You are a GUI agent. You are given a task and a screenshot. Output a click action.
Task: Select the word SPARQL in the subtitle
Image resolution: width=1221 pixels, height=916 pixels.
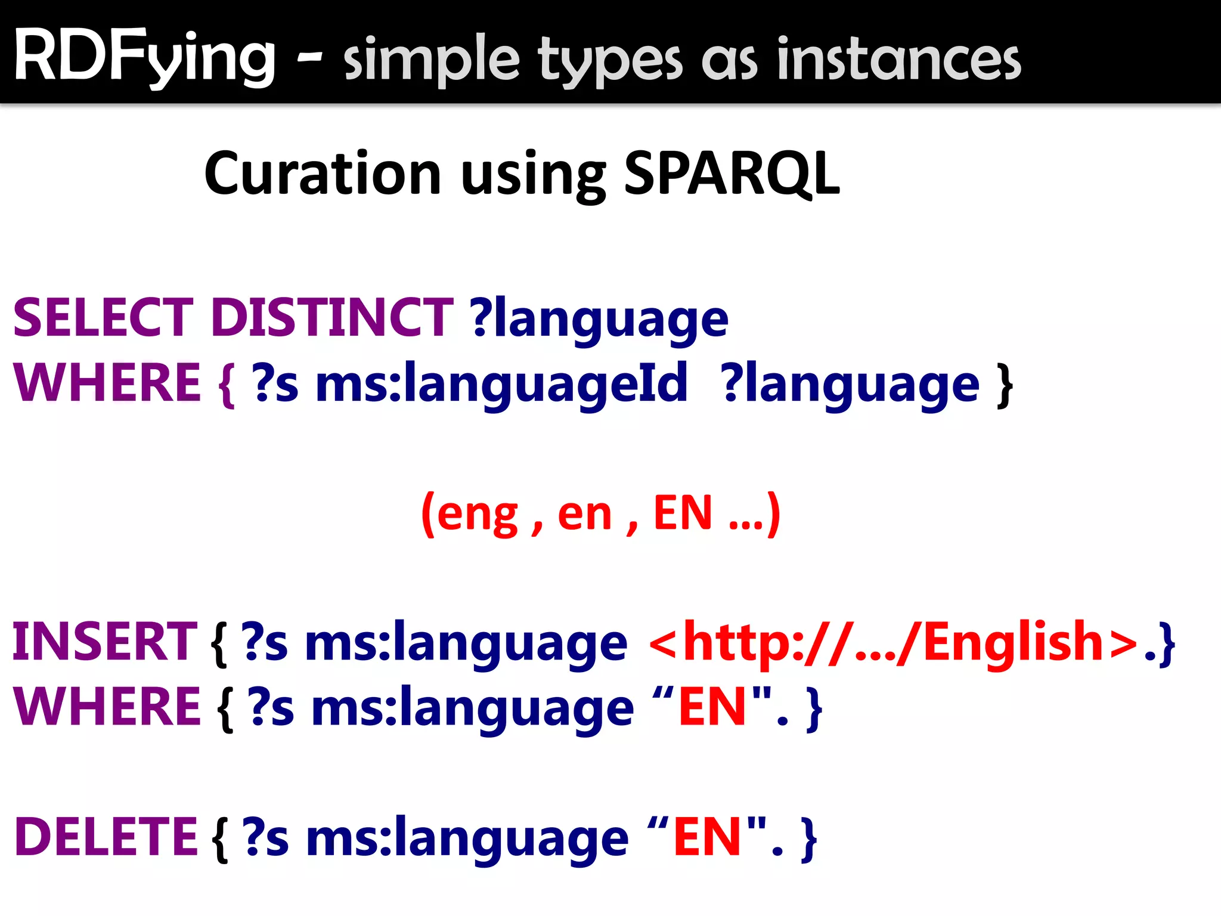[732, 174]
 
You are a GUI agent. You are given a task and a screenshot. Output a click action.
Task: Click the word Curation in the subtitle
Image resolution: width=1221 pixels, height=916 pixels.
[323, 174]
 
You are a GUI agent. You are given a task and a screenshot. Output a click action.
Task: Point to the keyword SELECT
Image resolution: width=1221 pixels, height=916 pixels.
[103, 317]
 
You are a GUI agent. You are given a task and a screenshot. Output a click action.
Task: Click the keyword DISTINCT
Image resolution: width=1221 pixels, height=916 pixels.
[332, 317]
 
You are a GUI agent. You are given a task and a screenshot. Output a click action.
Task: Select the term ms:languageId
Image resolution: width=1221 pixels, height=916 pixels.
[501, 384]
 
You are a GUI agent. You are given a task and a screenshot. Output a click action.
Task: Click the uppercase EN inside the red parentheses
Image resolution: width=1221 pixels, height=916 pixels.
[683, 513]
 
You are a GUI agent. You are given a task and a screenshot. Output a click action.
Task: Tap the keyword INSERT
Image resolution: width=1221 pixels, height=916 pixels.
[105, 642]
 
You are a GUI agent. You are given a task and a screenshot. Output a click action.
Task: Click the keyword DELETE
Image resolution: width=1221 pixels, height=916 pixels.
[106, 837]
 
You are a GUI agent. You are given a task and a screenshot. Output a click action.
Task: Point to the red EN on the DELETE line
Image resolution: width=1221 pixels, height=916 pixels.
[707, 837]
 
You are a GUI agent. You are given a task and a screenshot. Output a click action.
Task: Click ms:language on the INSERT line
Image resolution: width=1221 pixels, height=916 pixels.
[466, 644]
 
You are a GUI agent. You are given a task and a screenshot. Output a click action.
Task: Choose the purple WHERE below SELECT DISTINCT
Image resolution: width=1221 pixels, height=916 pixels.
[107, 383]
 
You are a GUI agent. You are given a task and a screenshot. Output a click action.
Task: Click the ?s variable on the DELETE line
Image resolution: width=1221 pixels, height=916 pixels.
[266, 838]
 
